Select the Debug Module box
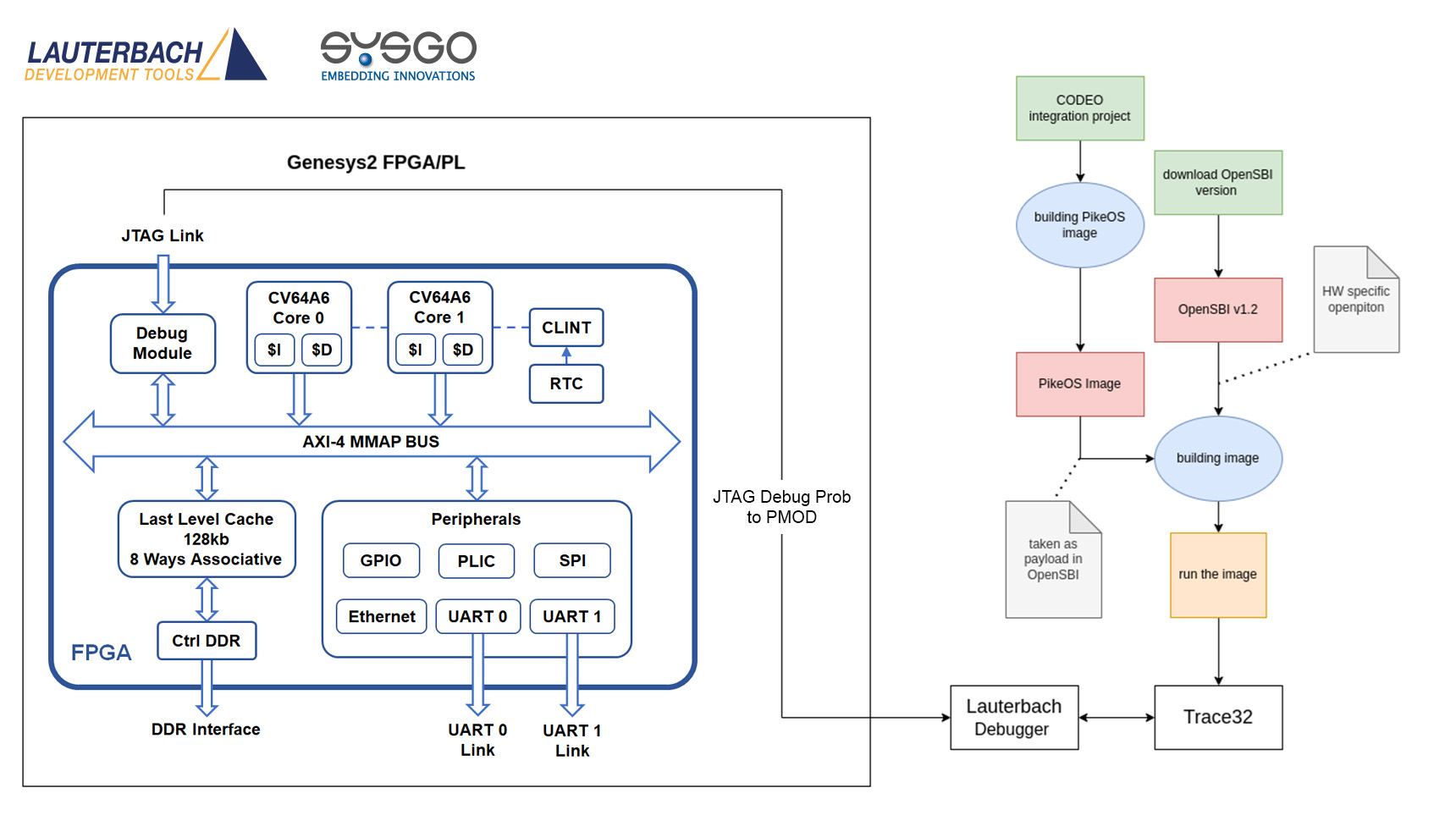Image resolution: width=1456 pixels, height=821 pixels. [x=163, y=344]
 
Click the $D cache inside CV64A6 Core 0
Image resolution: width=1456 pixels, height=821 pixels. [x=322, y=350]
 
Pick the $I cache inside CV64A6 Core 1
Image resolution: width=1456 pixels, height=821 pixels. [x=415, y=350]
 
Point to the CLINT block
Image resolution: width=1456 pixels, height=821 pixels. [x=566, y=328]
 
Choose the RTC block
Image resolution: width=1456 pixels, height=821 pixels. [x=566, y=383]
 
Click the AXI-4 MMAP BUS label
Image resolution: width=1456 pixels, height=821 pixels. [x=371, y=442]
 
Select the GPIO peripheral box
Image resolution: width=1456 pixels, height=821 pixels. [x=381, y=560]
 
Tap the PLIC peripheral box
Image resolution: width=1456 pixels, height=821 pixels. [x=477, y=561]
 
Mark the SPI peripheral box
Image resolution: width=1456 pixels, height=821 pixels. [x=572, y=560]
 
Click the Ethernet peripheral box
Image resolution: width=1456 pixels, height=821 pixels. [x=382, y=616]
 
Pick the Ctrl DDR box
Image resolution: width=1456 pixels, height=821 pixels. [x=207, y=641]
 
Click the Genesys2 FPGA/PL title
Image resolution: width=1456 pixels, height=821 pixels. [x=376, y=163]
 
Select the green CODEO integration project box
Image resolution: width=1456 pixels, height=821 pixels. [x=1079, y=108]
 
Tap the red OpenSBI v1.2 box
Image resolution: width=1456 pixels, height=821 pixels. [x=1218, y=310]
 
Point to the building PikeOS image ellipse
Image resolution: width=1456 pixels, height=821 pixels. [x=1079, y=225]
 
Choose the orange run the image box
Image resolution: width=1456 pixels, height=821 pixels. [x=1218, y=575]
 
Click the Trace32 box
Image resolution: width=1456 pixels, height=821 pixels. [x=1218, y=717]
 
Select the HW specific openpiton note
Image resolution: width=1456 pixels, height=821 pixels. [x=1355, y=300]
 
